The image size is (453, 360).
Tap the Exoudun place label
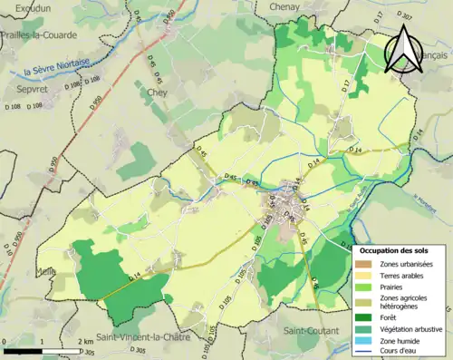(24, 7)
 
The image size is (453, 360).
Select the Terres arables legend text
(405, 275)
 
